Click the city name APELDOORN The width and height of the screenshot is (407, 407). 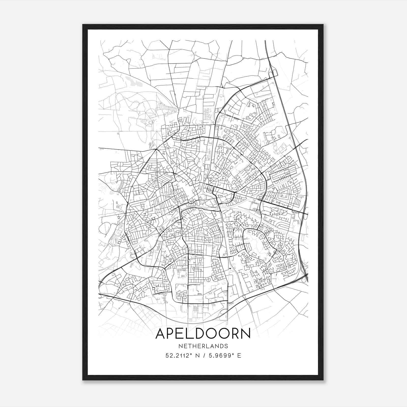click(x=203, y=334)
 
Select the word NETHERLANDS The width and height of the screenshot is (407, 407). click(x=203, y=346)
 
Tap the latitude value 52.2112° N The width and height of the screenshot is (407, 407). click(x=181, y=356)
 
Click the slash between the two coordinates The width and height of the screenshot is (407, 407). click(x=204, y=356)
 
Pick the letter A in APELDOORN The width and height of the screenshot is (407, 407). click(x=161, y=334)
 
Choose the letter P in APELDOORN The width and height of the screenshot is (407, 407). click(x=172, y=334)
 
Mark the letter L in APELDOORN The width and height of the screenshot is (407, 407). click(x=192, y=334)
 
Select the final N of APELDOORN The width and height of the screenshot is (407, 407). click(x=246, y=334)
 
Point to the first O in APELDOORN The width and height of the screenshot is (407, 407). click(x=213, y=334)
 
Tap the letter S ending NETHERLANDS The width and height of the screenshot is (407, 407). click(x=226, y=346)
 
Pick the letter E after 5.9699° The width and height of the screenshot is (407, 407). click(x=239, y=356)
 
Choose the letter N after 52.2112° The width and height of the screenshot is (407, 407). click(x=197, y=356)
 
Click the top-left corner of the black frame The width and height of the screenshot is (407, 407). click(x=83, y=25)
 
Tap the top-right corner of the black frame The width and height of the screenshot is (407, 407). click(x=323, y=25)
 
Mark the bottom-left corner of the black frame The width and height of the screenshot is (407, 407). click(x=83, y=380)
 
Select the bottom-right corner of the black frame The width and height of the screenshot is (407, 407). click(x=323, y=380)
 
